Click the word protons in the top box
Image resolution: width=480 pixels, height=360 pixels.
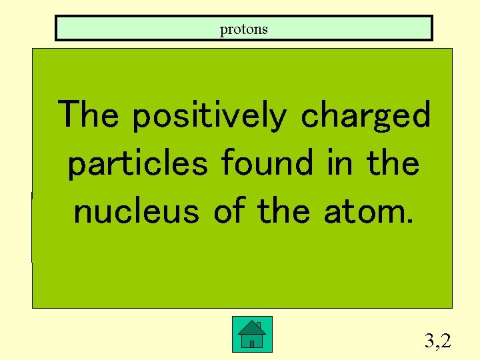244,29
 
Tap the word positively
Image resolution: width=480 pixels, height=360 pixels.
209,116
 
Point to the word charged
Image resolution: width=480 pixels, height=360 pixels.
366,116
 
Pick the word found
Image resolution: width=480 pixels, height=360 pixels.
267,163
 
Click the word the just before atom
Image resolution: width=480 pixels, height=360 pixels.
284,211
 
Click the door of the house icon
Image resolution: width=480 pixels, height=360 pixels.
251,343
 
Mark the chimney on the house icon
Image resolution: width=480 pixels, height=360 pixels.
258,325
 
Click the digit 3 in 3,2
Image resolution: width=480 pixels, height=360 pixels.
429,341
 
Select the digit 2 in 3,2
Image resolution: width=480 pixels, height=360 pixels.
445,341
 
